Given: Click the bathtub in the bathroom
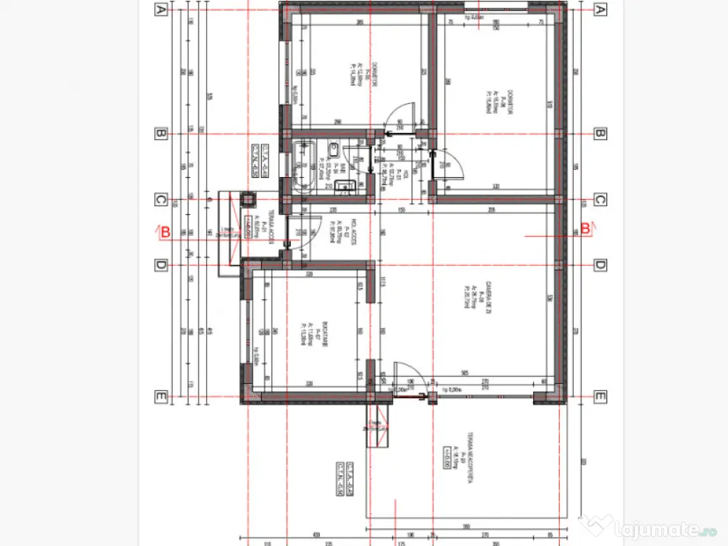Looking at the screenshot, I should pyautogui.click(x=304, y=167).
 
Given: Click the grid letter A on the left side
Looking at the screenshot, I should pyautogui.click(x=161, y=9).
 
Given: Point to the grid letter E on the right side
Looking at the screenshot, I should pyautogui.click(x=599, y=397).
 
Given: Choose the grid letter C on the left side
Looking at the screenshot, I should pyautogui.click(x=161, y=200).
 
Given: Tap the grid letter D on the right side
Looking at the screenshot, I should pyautogui.click(x=599, y=265).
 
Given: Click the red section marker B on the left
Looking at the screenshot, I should pyautogui.click(x=165, y=231).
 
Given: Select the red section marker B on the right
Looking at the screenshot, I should pyautogui.click(x=585, y=229).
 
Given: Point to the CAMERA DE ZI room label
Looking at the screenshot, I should pyautogui.click(x=484, y=295).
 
